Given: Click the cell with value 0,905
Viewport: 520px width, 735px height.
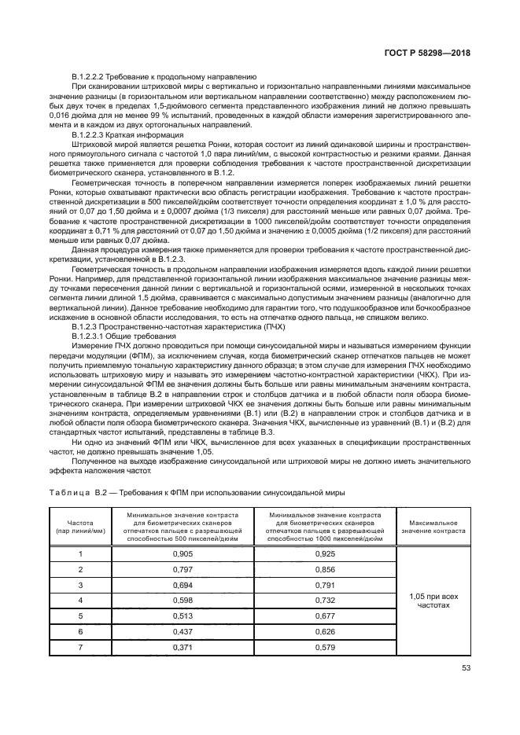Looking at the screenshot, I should click(183, 553).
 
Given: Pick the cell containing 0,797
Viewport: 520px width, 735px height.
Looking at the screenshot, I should click(183, 569).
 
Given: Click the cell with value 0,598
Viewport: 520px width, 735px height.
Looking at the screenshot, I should click(183, 601).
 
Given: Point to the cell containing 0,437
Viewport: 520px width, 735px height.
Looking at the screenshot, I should click(183, 631).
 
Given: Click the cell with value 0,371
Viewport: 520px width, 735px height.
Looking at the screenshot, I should click(183, 646).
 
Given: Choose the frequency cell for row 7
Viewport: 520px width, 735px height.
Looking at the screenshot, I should click(79, 646).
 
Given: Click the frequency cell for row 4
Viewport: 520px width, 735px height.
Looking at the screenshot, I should click(79, 601).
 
